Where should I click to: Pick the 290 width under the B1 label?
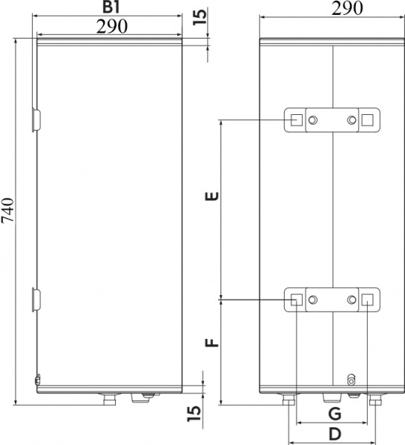(x=111, y=26)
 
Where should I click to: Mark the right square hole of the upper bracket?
(x=368, y=120)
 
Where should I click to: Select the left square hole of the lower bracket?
(x=296, y=300)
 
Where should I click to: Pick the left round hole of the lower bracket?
(x=315, y=300)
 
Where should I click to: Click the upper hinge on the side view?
(x=37, y=119)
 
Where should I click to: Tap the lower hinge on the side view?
(x=37, y=299)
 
